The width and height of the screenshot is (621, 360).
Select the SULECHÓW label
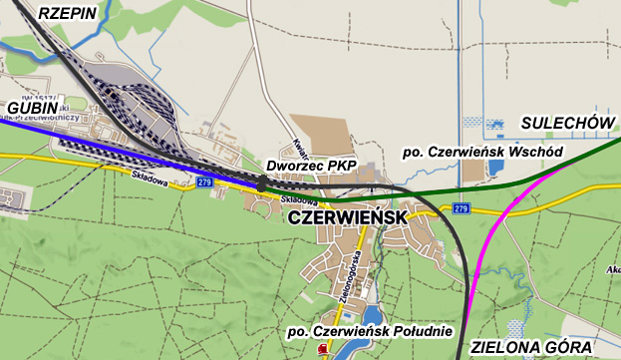[x=564, y=122]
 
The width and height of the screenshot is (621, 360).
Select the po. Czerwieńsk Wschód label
[x=481, y=152]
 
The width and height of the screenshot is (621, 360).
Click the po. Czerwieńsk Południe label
[x=369, y=331]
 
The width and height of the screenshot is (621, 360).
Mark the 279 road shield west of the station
[x=205, y=182]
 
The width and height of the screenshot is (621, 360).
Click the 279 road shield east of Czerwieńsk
[x=460, y=208]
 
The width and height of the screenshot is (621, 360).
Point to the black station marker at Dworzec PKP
[x=262, y=183]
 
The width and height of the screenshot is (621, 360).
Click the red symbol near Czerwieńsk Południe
[x=322, y=350]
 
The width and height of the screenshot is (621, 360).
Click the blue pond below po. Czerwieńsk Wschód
[x=496, y=171]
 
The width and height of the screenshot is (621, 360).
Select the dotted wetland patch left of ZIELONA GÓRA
[x=512, y=329]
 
